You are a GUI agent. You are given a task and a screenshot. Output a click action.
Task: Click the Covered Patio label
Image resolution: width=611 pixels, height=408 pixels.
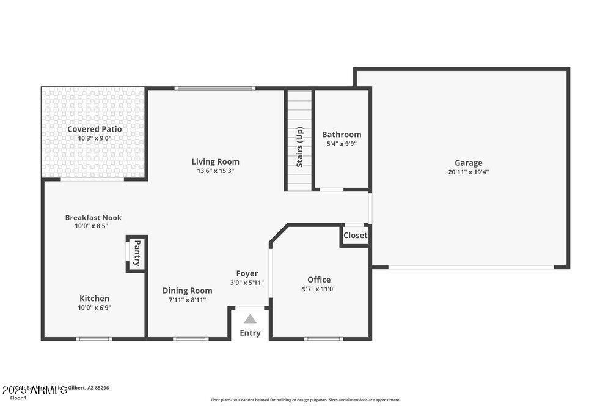94,129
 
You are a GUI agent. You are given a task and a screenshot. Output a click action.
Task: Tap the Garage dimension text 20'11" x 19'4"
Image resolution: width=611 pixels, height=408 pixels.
468,172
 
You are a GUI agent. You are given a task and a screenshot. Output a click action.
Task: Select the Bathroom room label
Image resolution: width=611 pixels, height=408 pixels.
342,135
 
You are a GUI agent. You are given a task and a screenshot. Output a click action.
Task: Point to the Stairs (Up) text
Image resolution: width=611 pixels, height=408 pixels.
300,147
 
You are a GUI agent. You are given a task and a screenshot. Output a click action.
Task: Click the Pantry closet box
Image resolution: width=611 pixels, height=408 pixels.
137,253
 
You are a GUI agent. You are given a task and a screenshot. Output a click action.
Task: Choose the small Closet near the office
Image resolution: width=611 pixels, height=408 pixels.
355,236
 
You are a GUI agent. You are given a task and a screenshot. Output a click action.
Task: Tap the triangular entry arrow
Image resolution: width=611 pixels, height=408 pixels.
250,319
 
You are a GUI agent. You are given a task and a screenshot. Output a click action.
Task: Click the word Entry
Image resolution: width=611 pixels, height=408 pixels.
250,333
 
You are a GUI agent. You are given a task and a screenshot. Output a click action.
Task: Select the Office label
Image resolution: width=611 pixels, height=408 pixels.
319,280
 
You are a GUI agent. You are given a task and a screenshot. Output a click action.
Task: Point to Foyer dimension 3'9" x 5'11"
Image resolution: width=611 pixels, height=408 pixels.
247,283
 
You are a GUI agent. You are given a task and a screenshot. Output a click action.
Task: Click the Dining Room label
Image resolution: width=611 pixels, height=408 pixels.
188,291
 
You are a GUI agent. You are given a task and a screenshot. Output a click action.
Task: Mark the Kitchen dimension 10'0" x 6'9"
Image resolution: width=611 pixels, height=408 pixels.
94,308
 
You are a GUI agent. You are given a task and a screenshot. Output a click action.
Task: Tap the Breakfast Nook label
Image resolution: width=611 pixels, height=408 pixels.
93,217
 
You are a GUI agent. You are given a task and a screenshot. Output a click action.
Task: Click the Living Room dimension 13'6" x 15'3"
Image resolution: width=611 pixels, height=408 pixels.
215,171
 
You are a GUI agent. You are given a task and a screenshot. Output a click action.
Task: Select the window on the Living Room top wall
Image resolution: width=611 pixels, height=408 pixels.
214,89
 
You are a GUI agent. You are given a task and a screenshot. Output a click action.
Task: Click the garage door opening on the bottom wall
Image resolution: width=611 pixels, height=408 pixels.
471,267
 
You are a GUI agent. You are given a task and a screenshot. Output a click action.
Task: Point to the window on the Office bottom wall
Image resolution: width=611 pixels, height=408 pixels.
323,338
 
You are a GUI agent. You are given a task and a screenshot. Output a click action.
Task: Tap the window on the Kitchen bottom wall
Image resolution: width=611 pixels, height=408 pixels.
94,338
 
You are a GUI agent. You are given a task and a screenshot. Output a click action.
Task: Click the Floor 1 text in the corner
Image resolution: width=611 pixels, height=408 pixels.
18,398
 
